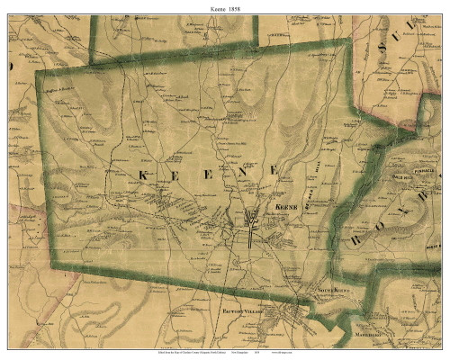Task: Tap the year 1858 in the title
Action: point(238,7)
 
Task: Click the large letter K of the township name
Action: point(142,172)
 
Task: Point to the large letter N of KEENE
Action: point(245,171)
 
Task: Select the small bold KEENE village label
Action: point(283,206)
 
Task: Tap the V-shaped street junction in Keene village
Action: point(251,218)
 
